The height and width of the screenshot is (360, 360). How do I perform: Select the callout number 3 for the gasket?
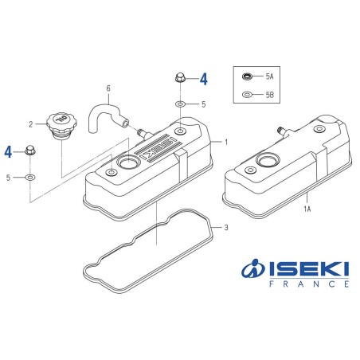227,228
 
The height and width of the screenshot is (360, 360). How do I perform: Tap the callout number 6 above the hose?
109,88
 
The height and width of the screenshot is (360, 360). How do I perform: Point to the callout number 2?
31,123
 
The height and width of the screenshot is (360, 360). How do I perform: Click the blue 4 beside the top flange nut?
203,79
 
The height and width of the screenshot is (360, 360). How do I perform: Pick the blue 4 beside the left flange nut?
9,151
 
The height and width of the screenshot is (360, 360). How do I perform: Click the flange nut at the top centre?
180,80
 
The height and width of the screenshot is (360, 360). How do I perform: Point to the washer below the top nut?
181,104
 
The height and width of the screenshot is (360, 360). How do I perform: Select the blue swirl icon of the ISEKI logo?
252,269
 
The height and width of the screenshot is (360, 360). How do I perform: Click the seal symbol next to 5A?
248,76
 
